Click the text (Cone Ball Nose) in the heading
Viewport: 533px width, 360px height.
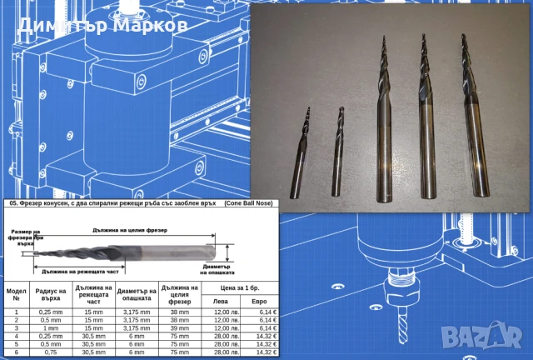(x=251, y=203)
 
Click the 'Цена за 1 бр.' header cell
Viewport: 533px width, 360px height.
(x=239, y=288)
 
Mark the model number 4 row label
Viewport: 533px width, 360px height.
(x=16, y=335)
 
